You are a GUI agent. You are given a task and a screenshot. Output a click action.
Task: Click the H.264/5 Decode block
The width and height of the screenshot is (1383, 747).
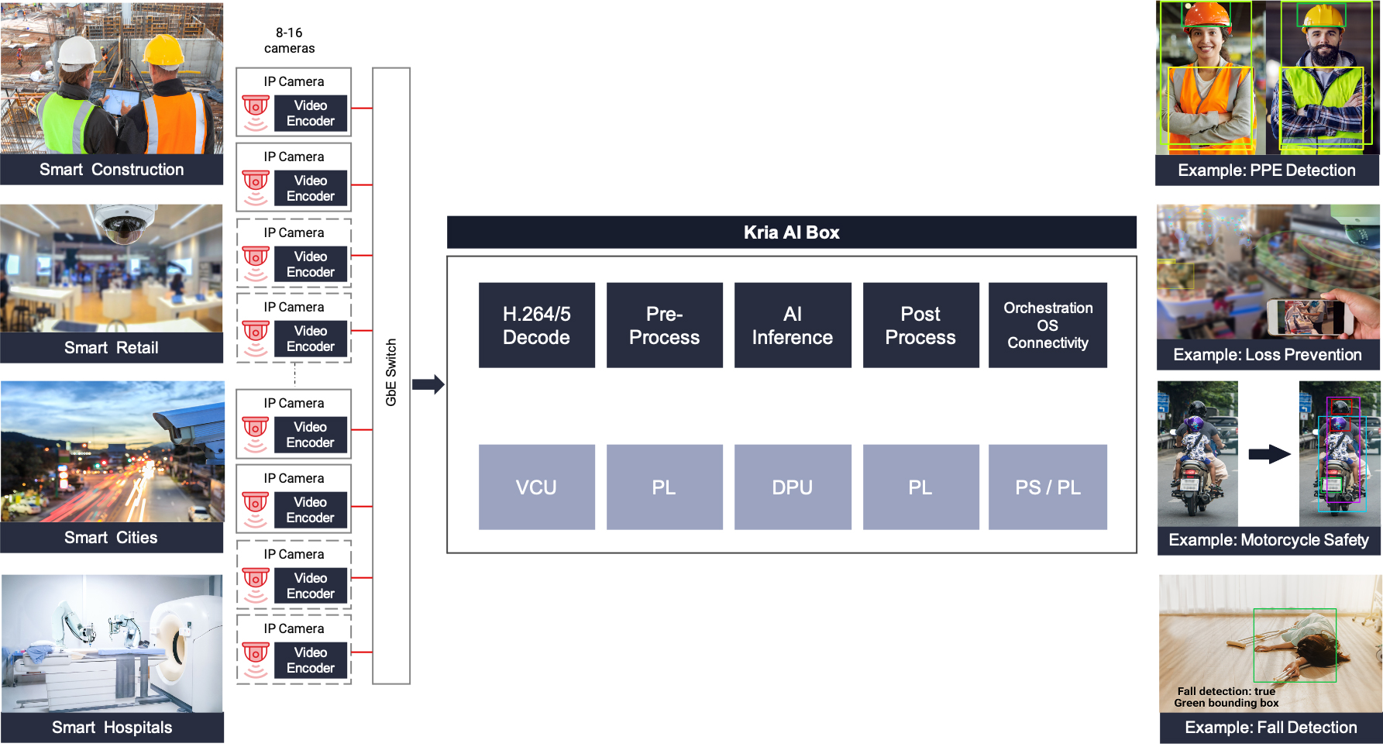[536, 325]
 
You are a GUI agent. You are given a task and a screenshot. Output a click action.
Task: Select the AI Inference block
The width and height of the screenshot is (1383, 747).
[792, 325]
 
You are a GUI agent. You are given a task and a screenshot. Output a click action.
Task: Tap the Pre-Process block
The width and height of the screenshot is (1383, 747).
[664, 325]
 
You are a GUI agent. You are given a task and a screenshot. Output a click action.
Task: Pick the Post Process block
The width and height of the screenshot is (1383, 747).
[920, 325]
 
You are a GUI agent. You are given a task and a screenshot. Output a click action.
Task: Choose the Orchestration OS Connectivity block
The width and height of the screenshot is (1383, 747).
[1048, 325]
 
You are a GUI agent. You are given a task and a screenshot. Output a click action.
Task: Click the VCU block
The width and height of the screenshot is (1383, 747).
[536, 487]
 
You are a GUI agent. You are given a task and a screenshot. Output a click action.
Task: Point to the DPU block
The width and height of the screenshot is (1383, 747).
[792, 487]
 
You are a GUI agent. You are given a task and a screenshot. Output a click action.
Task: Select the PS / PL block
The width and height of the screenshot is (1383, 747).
[1048, 487]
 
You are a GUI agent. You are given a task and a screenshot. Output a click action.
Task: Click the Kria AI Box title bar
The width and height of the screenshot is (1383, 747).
[791, 232]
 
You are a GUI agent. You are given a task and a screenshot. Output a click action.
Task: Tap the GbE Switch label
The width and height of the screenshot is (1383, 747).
[391, 373]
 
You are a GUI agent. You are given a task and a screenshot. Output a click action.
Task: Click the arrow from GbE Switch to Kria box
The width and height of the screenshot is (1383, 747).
[428, 384]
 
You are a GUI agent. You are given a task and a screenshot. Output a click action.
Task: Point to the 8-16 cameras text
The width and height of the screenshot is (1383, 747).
[289, 40]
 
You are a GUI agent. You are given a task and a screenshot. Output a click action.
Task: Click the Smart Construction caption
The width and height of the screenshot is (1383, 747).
[112, 170]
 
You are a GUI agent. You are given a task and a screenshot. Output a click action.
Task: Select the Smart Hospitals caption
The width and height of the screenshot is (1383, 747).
[112, 728]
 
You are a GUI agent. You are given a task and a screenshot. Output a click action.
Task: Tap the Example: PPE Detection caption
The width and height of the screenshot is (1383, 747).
[1267, 170]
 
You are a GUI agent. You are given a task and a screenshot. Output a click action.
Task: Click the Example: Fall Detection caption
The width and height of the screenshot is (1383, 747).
[1271, 728]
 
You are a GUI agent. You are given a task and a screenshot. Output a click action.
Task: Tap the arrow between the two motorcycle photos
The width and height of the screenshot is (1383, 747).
[1269, 454]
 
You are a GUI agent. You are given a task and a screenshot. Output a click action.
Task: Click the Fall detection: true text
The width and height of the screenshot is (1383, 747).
[1226, 691]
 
